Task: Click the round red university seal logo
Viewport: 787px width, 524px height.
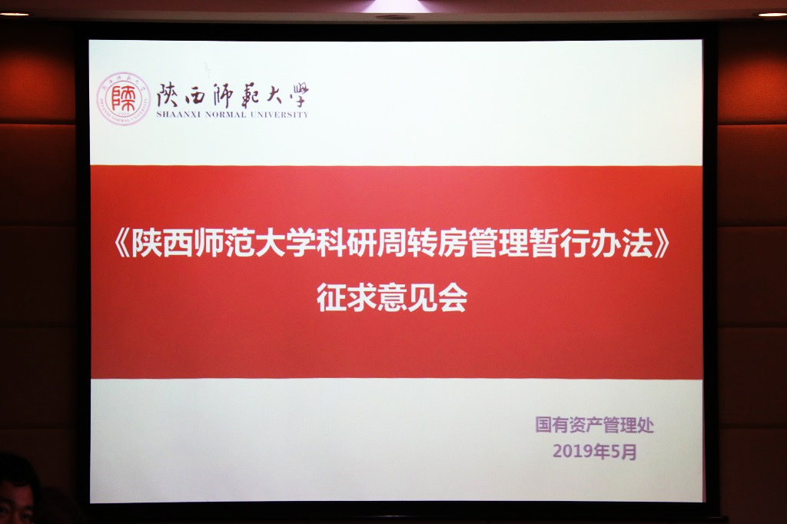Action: [123, 98]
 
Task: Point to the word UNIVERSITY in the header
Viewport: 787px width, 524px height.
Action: [280, 114]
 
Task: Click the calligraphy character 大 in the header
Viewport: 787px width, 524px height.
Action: [274, 95]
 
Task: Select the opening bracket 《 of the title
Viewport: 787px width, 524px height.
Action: [122, 244]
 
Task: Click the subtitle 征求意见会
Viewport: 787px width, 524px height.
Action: [392, 297]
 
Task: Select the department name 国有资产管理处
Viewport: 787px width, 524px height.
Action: [595, 425]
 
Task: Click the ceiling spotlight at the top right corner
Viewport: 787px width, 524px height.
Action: [772, 14]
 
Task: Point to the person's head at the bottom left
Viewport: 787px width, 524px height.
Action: [18, 489]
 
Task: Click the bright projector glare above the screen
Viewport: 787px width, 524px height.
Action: [396, 7]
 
